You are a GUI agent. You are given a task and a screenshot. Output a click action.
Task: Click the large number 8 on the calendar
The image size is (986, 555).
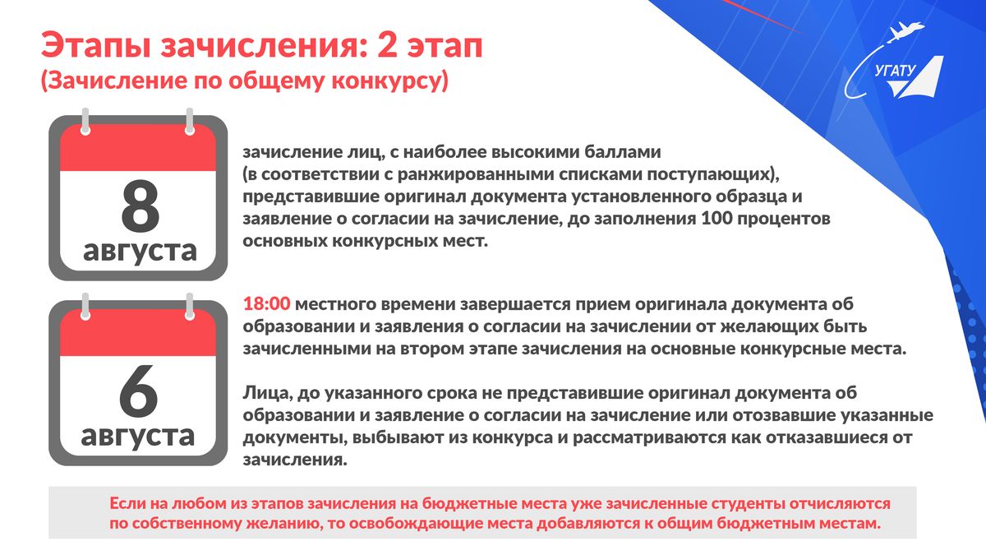140,206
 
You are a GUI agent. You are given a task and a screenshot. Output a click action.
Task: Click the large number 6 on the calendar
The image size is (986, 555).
138,391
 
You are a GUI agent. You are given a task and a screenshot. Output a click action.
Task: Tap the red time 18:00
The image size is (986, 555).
267,304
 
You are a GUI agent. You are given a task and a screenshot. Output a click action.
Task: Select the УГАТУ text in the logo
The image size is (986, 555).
895,72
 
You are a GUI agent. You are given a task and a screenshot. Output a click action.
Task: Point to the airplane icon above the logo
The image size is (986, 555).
905,32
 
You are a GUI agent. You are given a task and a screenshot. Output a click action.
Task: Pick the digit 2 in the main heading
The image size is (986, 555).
387,44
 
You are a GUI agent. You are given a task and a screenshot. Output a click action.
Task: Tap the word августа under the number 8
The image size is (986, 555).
140,251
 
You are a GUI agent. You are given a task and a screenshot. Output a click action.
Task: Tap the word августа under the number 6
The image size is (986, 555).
138,436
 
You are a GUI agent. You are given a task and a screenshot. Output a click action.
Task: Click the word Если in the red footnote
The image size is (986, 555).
127,503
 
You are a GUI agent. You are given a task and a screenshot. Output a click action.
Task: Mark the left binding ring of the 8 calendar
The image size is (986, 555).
85,121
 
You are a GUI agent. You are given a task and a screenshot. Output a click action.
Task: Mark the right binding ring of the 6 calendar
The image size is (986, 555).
190,306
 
